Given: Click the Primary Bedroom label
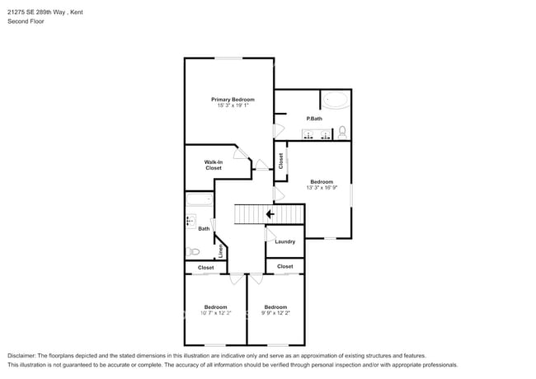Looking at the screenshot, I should coord(233,99).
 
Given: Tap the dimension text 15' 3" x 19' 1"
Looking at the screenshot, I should coord(233,105).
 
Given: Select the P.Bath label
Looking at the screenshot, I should coord(314,119).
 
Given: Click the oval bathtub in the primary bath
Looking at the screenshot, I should coord(335,101).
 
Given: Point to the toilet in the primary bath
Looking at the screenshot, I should coord(342,131).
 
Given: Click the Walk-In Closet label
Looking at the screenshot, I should coord(214,165).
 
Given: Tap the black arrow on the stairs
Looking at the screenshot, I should coord(270,213).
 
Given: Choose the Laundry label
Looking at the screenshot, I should coord(285,241).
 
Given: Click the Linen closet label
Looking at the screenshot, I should coord(220,250).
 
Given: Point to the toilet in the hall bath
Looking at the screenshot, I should coord(193,251).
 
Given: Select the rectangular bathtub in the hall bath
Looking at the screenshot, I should coord(199,199).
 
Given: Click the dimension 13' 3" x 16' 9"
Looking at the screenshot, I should coord(322,188).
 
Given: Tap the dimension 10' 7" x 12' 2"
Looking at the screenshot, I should coord(215,313).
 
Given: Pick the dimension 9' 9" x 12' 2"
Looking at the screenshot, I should coord(275,313).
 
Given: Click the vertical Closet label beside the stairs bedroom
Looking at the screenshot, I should coord(281,161).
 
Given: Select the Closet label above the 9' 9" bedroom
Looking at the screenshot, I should coord(285,266).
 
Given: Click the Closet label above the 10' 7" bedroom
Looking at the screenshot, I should coord(206,268).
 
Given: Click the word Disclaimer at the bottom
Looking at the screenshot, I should coord(22,356).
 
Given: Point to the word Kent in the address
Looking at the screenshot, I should coord(76,12).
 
